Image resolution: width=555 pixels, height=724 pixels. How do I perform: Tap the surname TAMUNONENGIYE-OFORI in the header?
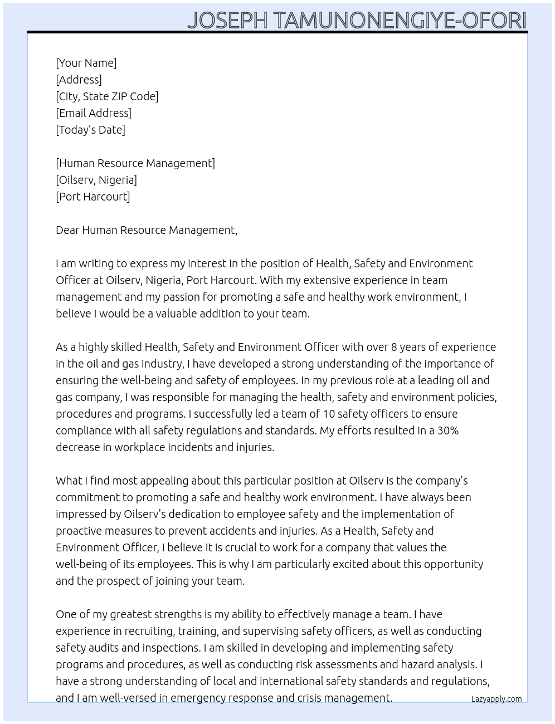(400, 21)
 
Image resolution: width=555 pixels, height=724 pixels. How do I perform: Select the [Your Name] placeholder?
(86, 63)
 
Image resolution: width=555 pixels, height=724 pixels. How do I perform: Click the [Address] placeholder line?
(79, 80)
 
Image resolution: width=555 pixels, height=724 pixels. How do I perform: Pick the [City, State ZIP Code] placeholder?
(107, 96)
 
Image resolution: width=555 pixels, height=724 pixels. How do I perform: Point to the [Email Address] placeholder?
(94, 113)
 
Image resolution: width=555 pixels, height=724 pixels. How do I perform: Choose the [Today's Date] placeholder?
(90, 130)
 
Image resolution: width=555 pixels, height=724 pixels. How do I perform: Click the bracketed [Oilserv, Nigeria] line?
(96, 180)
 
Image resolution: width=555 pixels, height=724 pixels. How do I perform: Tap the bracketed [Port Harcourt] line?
(93, 197)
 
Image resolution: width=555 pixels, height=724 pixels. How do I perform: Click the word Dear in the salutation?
(67, 230)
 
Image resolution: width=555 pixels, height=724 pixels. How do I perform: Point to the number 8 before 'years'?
(394, 347)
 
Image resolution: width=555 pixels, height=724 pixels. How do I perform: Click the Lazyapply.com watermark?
(496, 699)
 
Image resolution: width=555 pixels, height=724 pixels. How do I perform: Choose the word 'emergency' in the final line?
(197, 698)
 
